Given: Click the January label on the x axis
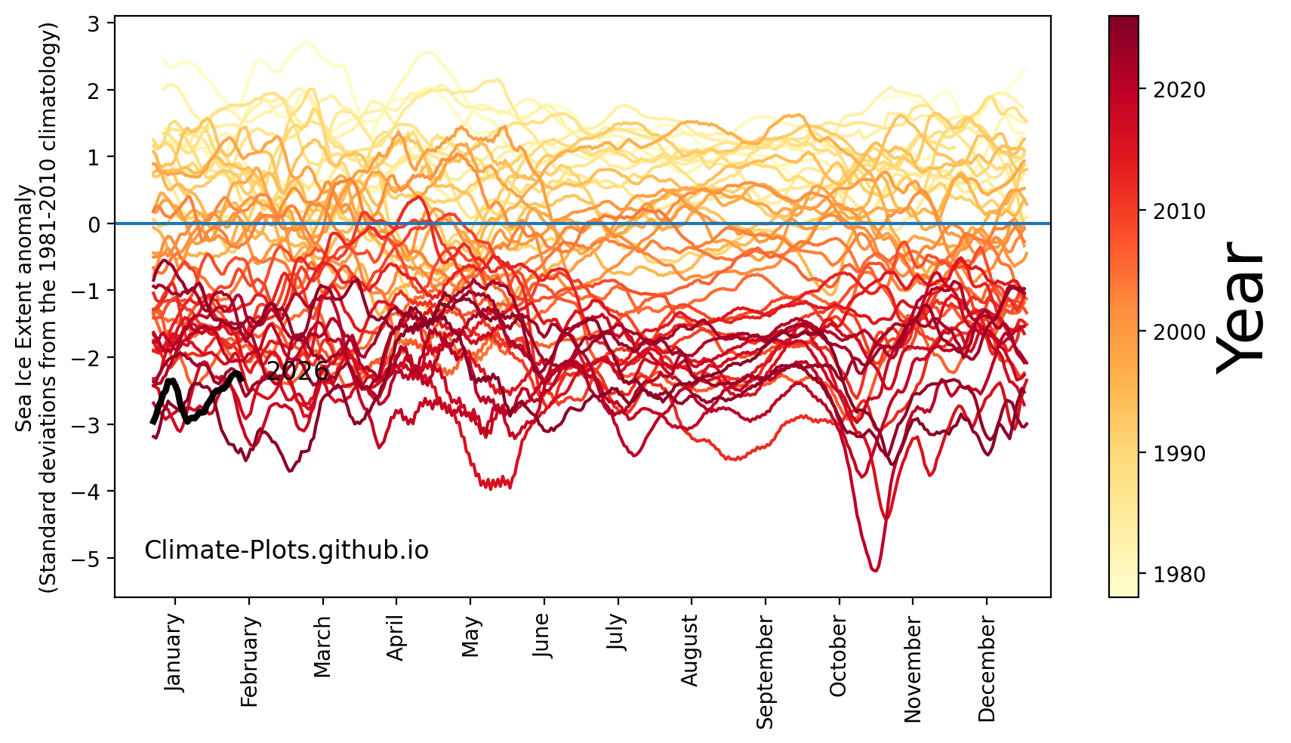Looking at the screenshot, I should point(173,652).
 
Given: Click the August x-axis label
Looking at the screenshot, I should point(689,649).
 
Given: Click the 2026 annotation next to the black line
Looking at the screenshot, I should point(297,371).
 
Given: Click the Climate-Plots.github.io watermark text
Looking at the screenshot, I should point(286,550).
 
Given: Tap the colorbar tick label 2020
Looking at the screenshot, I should point(1179,90).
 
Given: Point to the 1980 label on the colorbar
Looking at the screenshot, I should point(1179,575).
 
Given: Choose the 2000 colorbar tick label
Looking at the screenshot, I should point(1179,332).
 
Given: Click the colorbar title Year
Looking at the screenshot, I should point(1241,306).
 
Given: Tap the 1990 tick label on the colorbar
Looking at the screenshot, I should point(1179,454).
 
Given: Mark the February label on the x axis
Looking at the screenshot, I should point(249,661).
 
